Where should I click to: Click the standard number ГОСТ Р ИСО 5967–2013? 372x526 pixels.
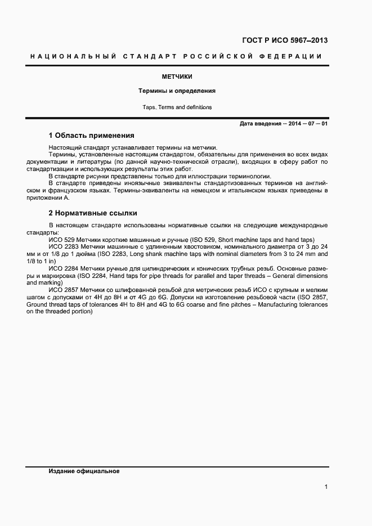coord(285,41)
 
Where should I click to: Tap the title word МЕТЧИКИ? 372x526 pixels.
coord(177,77)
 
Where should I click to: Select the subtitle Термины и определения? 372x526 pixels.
coord(177,91)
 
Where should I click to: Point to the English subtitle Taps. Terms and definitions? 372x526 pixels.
coord(177,107)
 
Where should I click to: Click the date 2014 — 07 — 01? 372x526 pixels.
coord(308,123)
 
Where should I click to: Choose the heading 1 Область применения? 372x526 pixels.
coord(91,136)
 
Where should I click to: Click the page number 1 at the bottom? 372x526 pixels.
coord(326,487)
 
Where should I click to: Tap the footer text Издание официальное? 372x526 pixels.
coord(84,471)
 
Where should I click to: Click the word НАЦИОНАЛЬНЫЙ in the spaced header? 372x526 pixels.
coord(72,57)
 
